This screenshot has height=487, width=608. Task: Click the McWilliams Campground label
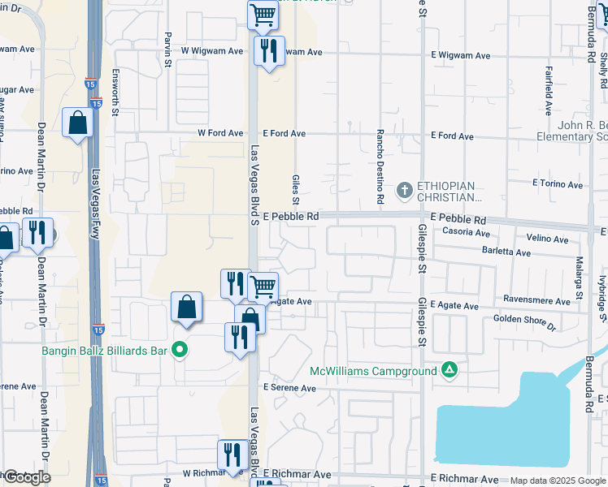pos(374,372)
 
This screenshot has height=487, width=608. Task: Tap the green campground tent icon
pos(449,371)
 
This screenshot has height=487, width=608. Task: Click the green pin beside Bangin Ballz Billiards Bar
pos(180,351)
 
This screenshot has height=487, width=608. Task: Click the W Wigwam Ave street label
pos(212,50)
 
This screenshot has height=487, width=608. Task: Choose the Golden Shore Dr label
pos(524,322)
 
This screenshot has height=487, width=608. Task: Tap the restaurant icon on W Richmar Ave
pos(232,455)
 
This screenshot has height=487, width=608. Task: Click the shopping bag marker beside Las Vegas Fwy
pos(77,124)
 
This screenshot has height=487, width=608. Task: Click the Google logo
pos(27,477)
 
